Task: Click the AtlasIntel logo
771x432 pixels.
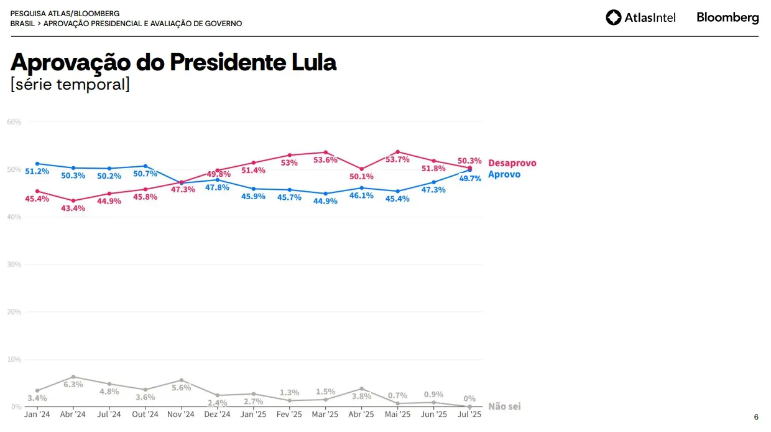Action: [x=640, y=17]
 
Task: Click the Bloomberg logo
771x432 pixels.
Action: [x=727, y=17]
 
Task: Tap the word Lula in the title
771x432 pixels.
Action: [x=314, y=62]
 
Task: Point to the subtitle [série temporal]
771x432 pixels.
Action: [x=70, y=85]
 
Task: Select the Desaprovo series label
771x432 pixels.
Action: [x=512, y=163]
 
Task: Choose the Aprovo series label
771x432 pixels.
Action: [x=504, y=174]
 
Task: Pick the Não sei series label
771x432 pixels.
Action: [x=504, y=406]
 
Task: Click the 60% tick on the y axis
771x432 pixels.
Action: [x=14, y=122]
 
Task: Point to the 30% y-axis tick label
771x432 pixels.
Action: [x=14, y=265]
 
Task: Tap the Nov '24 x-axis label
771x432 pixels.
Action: [x=181, y=414]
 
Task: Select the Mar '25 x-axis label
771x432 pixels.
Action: [x=325, y=414]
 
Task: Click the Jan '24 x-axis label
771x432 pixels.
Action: [x=37, y=414]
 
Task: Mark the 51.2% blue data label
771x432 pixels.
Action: [x=37, y=172]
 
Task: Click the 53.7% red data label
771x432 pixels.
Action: [x=397, y=159]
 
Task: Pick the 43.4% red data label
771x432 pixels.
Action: [x=73, y=209]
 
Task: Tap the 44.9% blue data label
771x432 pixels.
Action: [x=325, y=201]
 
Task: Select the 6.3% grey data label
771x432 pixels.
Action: [x=73, y=385]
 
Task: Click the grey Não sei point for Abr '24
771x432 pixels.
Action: [x=73, y=377]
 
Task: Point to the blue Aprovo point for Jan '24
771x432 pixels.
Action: [x=37, y=164]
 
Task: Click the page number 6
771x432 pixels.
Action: [x=756, y=417]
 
